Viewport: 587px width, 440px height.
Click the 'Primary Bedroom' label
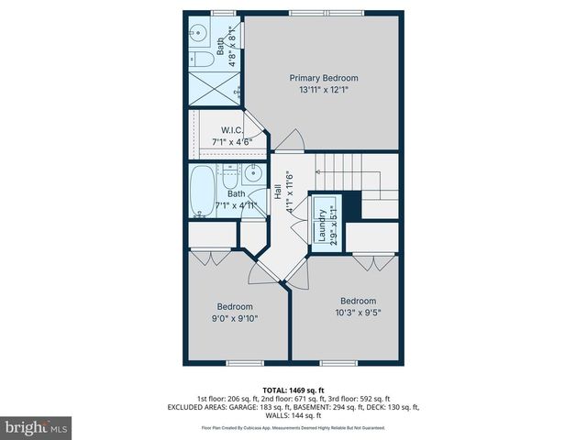324,78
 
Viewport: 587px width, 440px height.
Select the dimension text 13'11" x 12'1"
324,90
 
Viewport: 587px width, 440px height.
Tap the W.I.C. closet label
231,129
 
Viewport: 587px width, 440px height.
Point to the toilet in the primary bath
204,60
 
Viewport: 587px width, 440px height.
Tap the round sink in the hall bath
254,176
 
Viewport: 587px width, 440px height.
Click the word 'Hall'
278,193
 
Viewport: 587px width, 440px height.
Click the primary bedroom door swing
291,139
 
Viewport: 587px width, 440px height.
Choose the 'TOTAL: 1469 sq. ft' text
293,390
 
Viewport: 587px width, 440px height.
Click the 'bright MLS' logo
37,427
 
